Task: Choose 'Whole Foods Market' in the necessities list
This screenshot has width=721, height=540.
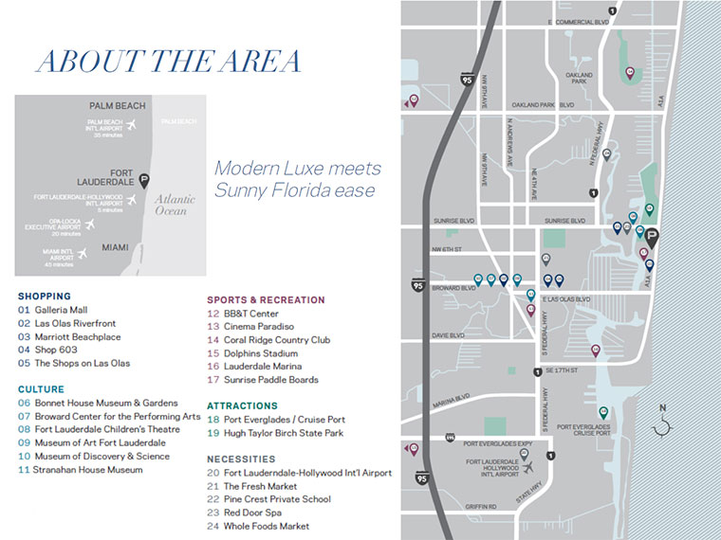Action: tap(266, 527)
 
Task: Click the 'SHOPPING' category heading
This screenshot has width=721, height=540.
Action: tap(44, 296)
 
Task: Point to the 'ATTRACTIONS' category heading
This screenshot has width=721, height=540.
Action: tap(242, 405)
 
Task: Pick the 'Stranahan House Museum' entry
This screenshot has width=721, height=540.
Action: tap(88, 470)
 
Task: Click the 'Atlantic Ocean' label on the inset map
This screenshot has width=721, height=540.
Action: tap(176, 205)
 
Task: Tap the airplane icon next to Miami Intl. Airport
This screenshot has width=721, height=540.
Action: tap(83, 253)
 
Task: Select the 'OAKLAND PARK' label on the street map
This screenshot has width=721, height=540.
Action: tap(579, 79)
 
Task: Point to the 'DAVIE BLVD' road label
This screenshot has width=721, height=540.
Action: tap(449, 335)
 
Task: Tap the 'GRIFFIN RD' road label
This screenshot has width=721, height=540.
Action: tap(481, 507)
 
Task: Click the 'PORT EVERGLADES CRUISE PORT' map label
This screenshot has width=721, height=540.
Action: tap(582, 431)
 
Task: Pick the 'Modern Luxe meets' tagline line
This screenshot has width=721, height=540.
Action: tap(297, 169)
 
